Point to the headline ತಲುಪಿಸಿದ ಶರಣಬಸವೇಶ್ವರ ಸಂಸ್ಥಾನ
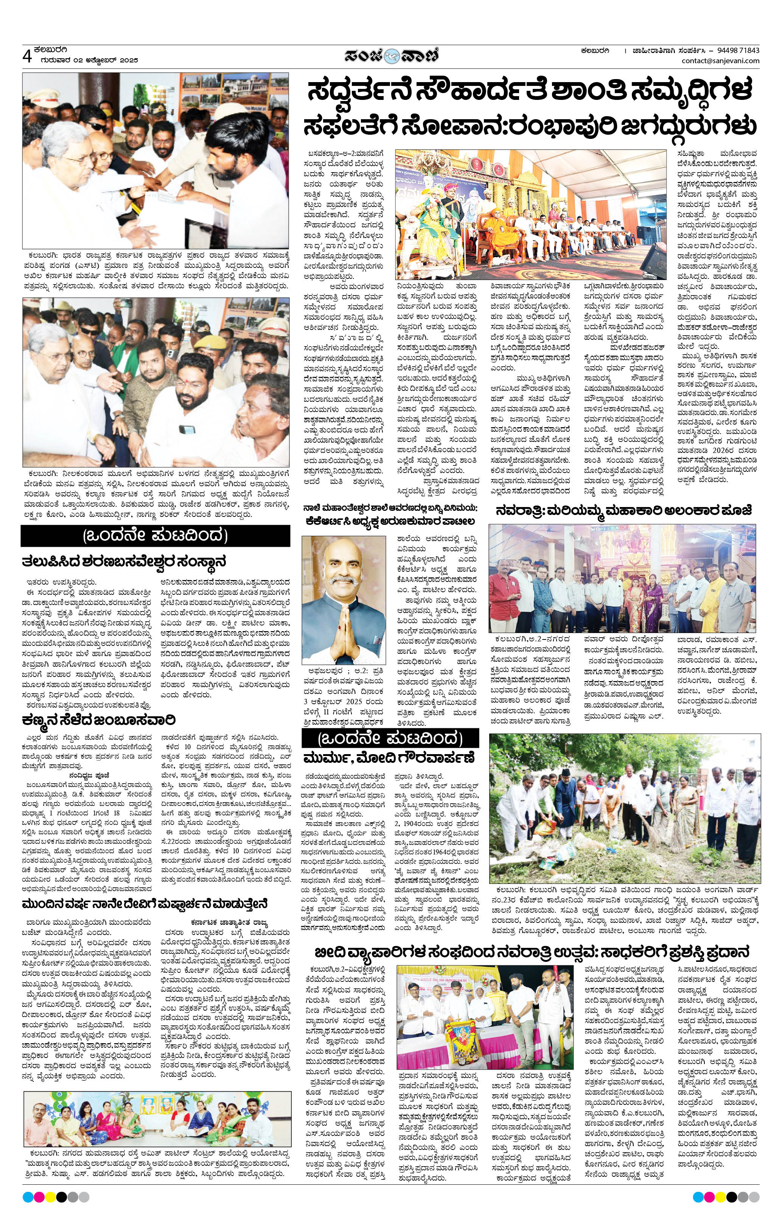tap(124, 562)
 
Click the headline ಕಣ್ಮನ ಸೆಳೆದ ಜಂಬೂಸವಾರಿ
tap(98, 720)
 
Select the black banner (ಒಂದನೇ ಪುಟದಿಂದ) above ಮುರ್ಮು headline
tap(390, 738)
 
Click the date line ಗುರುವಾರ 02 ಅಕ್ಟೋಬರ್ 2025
tap(86, 60)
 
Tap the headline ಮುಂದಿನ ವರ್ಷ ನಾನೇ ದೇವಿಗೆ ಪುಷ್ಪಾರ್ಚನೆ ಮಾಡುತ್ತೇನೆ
tap(146, 904)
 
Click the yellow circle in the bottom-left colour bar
tap(50, 1197)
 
